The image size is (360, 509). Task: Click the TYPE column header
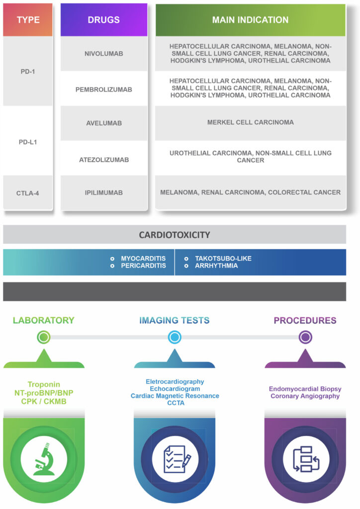tap(28, 20)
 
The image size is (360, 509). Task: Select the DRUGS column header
tap(104, 20)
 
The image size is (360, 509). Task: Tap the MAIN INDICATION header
tap(250, 20)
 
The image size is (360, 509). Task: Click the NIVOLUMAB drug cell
tap(104, 54)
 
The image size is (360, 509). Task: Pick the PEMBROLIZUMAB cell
tap(104, 89)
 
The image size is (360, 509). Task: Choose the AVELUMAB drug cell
tap(104, 123)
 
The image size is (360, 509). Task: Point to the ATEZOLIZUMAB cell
tap(104, 160)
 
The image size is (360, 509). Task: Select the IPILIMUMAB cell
tap(104, 192)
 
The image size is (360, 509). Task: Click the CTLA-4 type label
tap(27, 193)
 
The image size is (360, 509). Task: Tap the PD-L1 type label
tap(28, 142)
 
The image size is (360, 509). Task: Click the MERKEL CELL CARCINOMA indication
tap(250, 122)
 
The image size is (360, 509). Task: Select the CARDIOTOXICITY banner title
tap(175, 235)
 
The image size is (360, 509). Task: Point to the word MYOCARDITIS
tap(143, 258)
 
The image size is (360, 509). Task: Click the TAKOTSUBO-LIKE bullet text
tap(223, 258)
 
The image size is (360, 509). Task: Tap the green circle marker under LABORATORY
tap(43, 338)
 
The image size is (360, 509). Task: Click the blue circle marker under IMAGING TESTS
tap(175, 338)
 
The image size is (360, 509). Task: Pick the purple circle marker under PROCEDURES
tap(305, 338)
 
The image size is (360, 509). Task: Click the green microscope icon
tap(44, 459)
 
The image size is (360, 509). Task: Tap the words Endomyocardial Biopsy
tap(305, 389)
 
